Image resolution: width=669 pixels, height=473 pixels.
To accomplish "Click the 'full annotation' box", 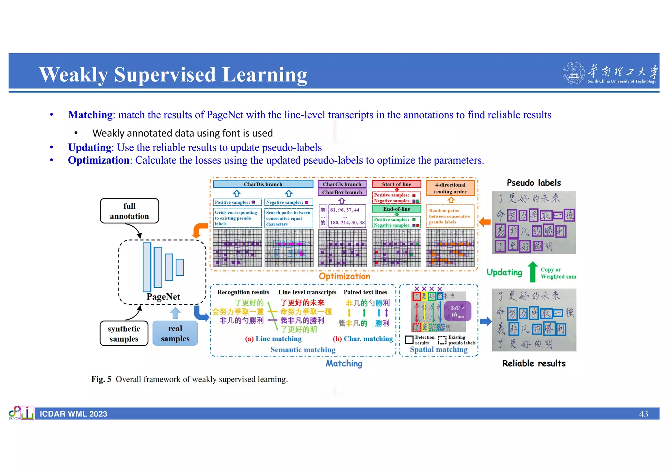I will click(x=129, y=211).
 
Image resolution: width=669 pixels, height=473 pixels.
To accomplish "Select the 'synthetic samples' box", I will click(x=124, y=334).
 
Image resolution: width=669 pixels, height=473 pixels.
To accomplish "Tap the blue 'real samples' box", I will click(x=175, y=334).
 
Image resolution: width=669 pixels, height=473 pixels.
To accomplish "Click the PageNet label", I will click(x=163, y=297).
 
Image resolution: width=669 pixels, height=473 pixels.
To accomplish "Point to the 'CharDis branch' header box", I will click(x=263, y=184).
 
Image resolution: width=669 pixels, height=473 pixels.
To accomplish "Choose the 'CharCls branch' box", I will click(x=342, y=184).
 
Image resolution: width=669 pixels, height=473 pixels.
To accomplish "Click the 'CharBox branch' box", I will click(x=342, y=192).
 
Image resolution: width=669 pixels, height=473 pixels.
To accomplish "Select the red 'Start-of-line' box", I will click(x=397, y=184).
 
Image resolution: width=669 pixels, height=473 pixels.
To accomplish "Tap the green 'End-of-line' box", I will click(x=397, y=209).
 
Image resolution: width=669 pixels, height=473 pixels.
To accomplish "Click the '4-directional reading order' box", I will click(x=450, y=188).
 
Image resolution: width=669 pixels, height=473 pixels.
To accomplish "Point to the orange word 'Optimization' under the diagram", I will click(x=344, y=276).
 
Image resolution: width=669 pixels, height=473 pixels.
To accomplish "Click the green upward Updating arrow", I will click(x=533, y=272).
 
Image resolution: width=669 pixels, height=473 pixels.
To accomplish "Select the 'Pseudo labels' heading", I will click(x=534, y=183).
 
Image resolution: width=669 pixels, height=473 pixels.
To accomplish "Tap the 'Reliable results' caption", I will click(x=534, y=363).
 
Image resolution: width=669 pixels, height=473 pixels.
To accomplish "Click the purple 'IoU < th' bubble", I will click(x=457, y=311).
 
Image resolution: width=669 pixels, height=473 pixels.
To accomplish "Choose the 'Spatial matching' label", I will click(x=438, y=350).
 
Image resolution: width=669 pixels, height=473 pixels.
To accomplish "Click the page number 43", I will click(x=643, y=414).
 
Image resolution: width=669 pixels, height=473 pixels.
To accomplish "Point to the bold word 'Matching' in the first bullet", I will click(x=90, y=115).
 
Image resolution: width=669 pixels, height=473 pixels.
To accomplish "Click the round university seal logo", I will click(x=573, y=73).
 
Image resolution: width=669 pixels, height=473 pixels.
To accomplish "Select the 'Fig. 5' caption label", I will click(x=101, y=379).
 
